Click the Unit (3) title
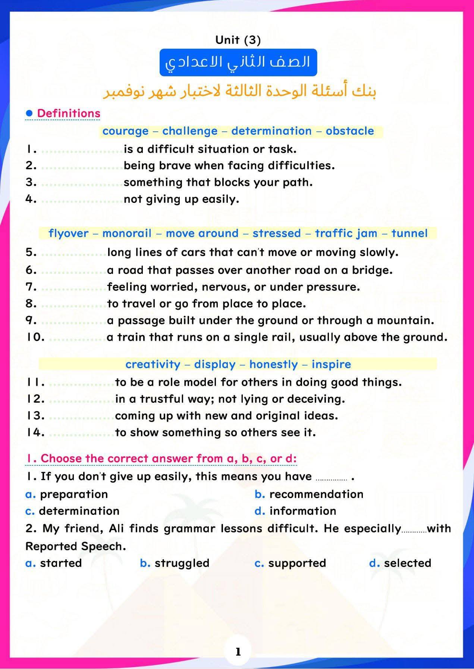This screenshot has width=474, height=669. point(238,40)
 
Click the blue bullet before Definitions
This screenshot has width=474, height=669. point(29,113)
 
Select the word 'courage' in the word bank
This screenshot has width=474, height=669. point(125,131)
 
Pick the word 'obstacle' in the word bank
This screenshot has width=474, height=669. point(349,131)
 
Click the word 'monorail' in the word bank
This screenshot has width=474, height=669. point(127,233)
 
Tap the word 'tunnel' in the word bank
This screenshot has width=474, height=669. point(409,233)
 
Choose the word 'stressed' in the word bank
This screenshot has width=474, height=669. point(276,233)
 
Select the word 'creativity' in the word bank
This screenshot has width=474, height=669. point(153,364)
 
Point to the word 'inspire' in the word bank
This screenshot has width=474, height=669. point(331,364)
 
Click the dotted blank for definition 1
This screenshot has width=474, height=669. point(82,150)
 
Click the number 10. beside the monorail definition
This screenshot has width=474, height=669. point(35,337)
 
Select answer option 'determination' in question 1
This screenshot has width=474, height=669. point(79,511)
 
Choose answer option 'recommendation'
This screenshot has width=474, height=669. point(316,494)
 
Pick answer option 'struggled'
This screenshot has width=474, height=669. point(182,563)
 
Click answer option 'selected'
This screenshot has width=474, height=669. point(407,563)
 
